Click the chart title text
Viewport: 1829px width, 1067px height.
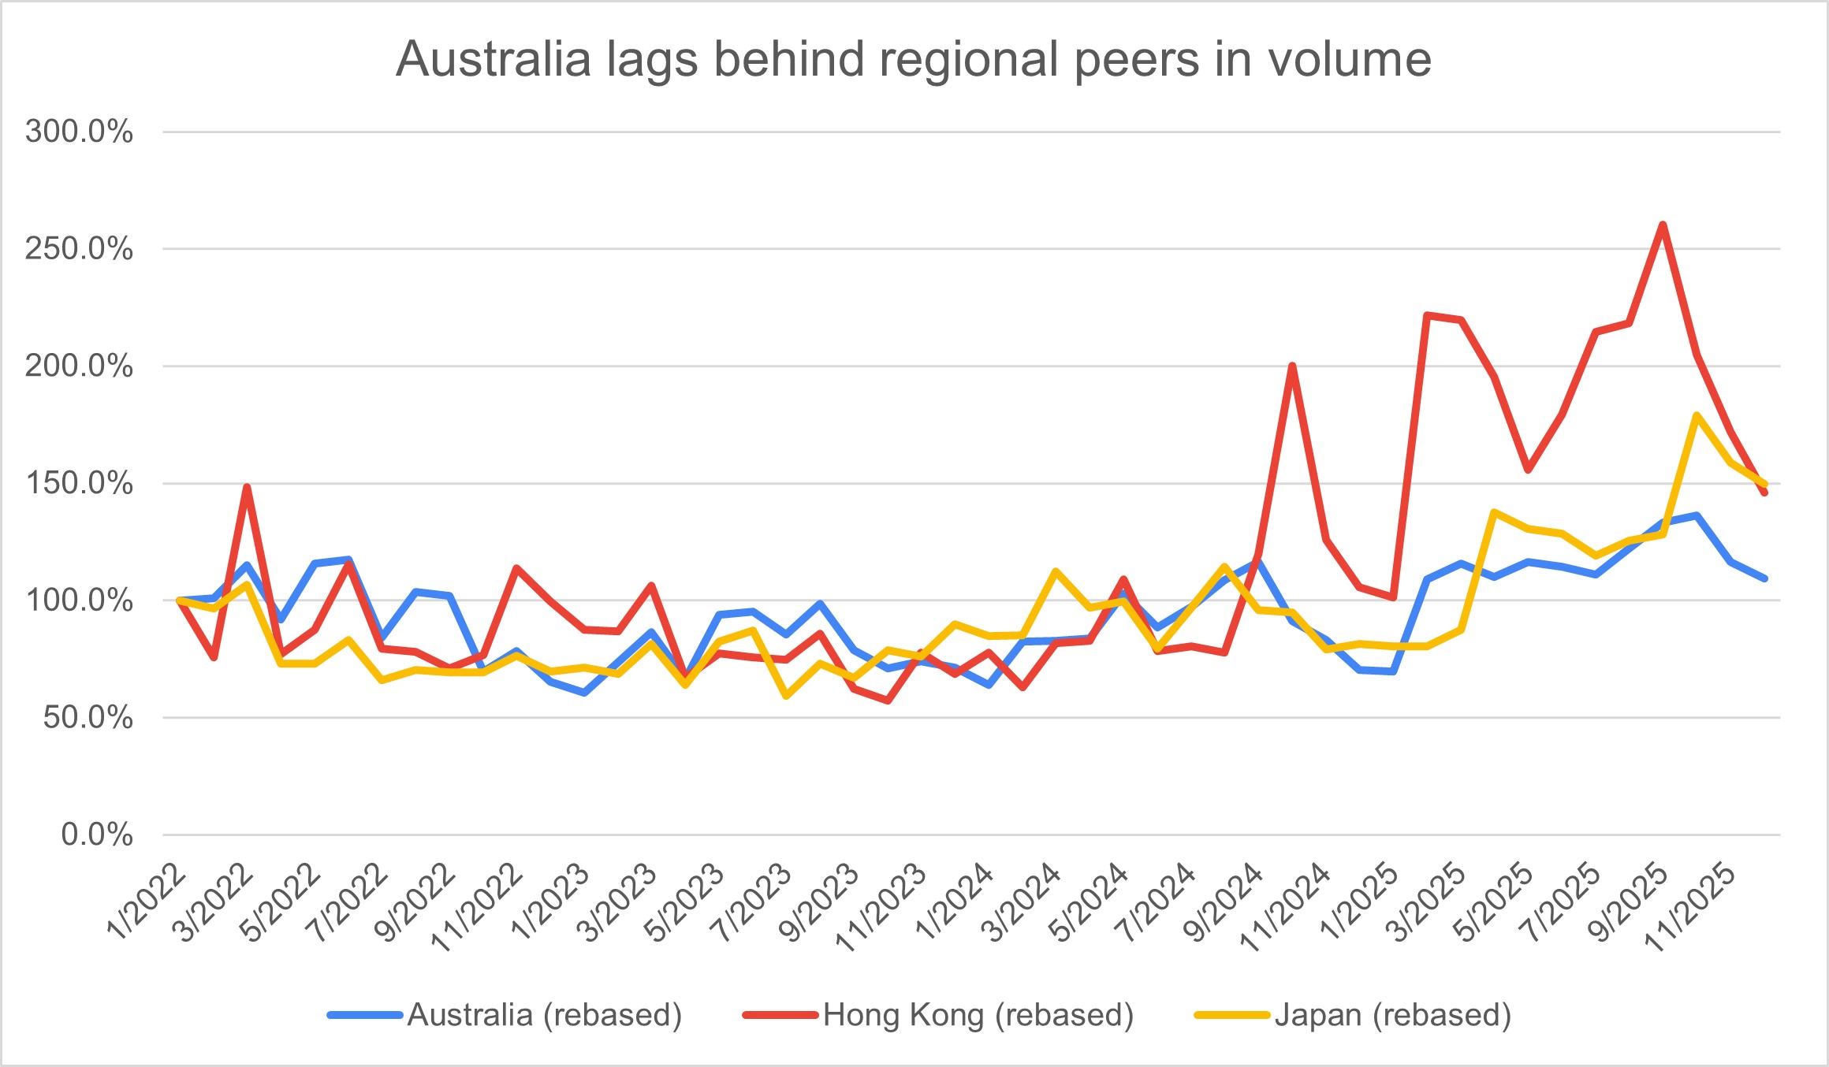tap(913, 60)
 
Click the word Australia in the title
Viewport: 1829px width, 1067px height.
tap(494, 60)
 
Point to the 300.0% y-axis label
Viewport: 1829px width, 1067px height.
tap(79, 132)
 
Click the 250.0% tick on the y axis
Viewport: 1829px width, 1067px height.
tap(79, 249)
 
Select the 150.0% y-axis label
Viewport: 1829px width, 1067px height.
tap(79, 483)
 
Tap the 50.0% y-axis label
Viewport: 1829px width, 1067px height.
tap(87, 718)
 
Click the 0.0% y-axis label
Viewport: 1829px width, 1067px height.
tap(96, 835)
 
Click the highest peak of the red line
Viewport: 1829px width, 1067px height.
tap(1663, 225)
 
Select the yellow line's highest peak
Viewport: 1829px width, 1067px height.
tap(1697, 415)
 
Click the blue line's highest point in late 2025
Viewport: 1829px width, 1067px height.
tap(1697, 515)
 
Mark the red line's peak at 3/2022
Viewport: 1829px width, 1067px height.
tap(247, 487)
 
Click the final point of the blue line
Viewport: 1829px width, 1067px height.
tap(1764, 578)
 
